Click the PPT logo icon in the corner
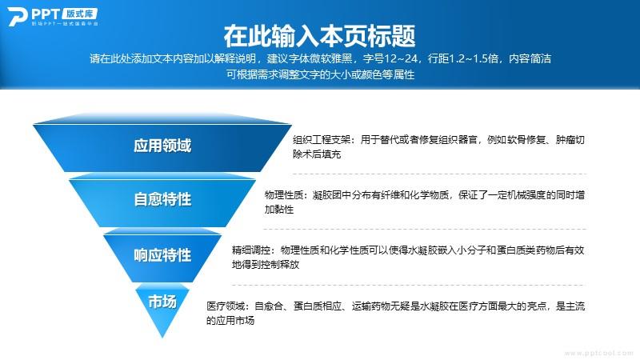click(17, 16)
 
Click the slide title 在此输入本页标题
click(319, 36)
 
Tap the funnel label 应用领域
click(162, 146)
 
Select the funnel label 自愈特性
click(162, 199)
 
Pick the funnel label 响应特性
click(162, 255)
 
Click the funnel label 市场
click(162, 302)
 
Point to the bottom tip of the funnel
click(162, 338)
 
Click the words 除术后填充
click(317, 154)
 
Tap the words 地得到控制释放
click(266, 265)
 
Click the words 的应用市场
click(230, 321)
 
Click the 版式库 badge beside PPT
click(80, 14)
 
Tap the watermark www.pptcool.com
click(598, 353)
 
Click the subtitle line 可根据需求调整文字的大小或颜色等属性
click(321, 74)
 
